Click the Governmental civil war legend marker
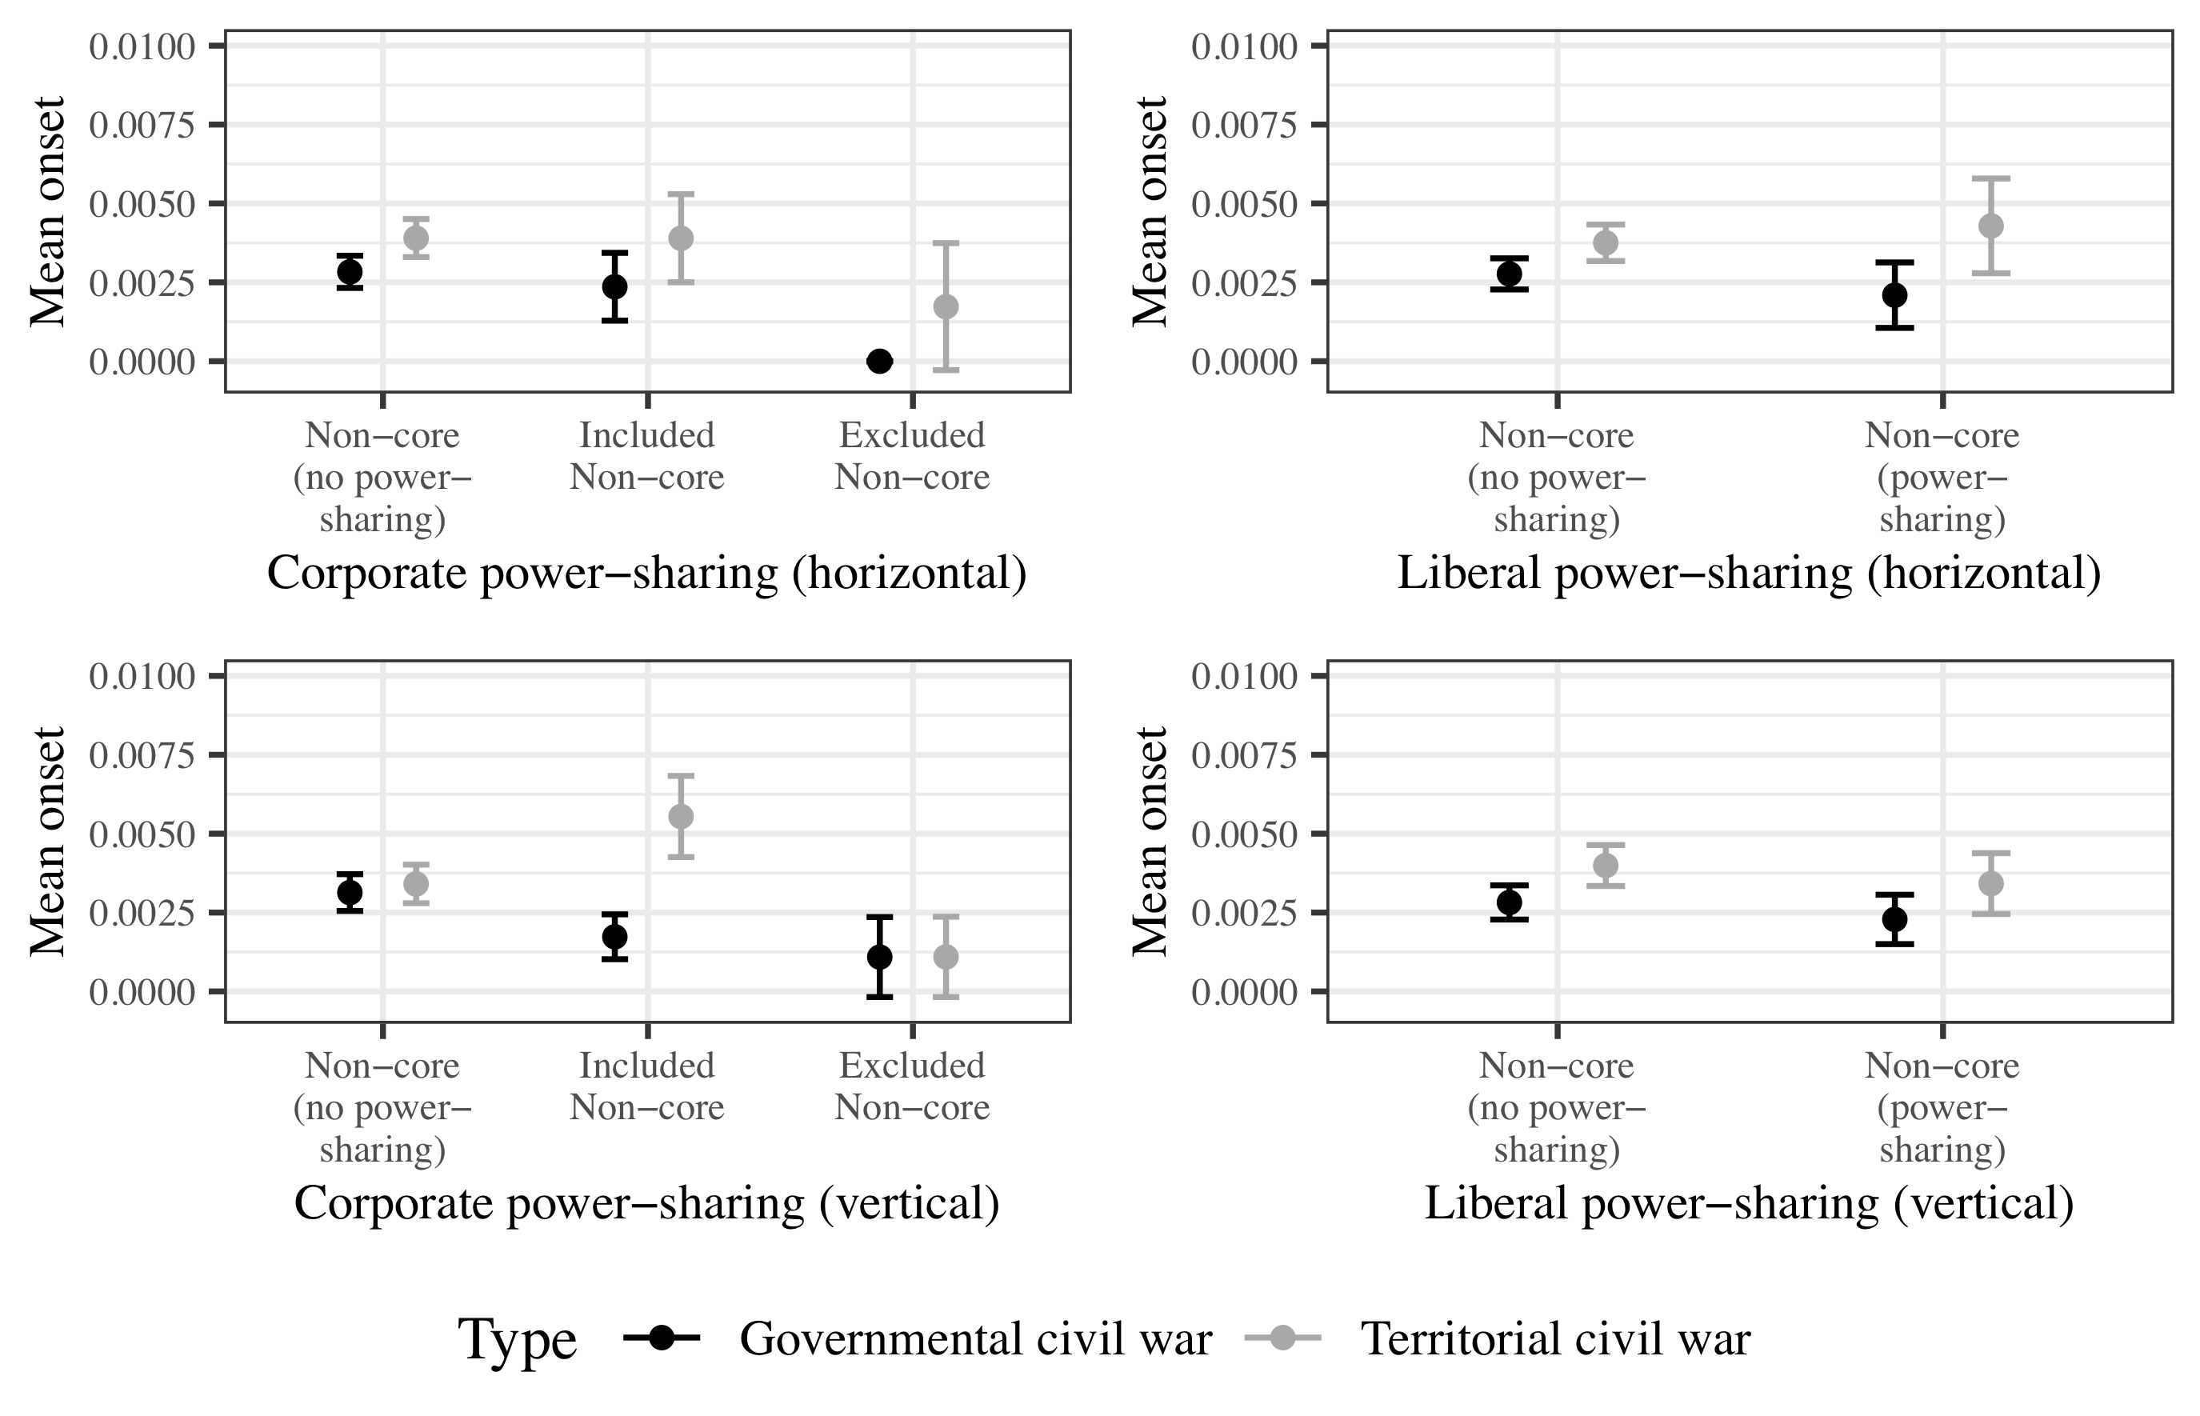[661, 1338]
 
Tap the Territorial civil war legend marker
[1282, 1338]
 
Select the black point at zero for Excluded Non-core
[879, 362]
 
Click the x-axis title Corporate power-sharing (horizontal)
[646, 574]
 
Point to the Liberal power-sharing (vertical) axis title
[1749, 1203]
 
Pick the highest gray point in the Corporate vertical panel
[680, 817]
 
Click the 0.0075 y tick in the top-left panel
[142, 125]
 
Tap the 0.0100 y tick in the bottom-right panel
[1245, 677]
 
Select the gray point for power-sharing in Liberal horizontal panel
[1990, 226]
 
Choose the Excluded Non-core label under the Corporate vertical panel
[912, 1086]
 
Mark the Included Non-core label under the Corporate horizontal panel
[646, 456]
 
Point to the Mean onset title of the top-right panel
[1149, 211]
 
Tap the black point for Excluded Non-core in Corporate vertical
[879, 957]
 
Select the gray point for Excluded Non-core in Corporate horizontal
[945, 306]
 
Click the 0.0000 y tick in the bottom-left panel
[142, 992]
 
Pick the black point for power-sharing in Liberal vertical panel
[1894, 919]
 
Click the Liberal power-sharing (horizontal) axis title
[1749, 574]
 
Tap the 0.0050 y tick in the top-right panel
[1245, 204]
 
